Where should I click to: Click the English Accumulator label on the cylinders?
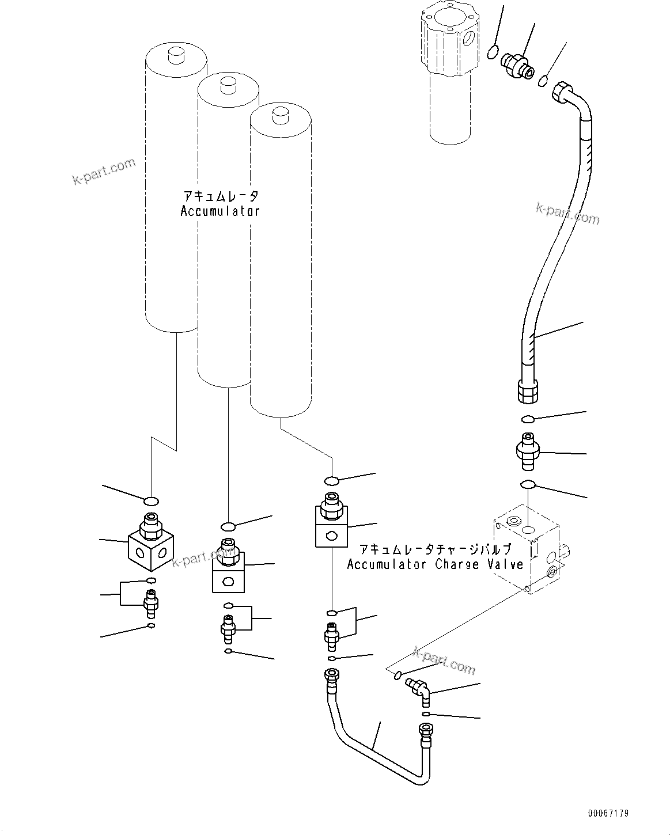(219, 211)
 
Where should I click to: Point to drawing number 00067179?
(608, 813)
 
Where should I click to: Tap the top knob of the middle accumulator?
(228, 85)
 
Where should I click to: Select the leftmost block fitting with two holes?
(151, 544)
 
